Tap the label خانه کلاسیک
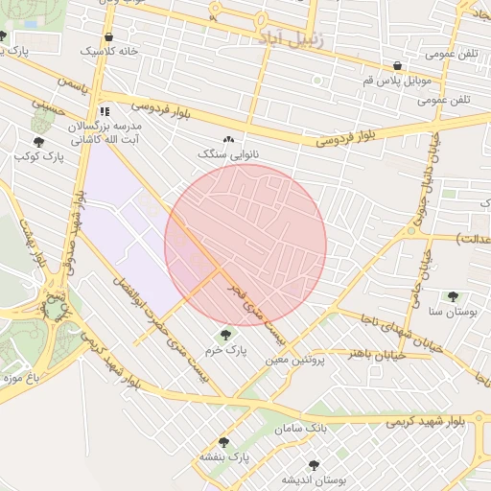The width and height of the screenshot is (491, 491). [x=108, y=51]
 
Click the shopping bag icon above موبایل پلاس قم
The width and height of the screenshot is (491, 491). [x=397, y=66]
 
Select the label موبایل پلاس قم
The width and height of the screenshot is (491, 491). [x=396, y=81]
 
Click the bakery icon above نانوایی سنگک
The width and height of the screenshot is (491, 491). [x=228, y=140]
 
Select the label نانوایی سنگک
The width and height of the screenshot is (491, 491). [x=228, y=153]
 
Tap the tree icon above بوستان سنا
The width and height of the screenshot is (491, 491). [x=453, y=297]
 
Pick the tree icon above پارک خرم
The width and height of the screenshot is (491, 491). [x=225, y=335]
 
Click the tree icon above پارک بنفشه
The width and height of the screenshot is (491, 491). [x=224, y=442]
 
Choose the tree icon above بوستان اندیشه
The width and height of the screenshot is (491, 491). [x=314, y=465]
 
